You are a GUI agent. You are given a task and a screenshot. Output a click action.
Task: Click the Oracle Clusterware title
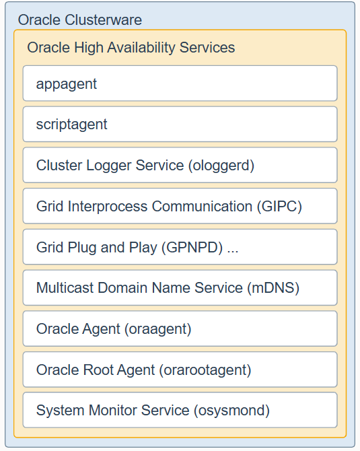(79, 20)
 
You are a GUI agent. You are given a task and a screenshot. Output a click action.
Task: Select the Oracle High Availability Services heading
(131, 48)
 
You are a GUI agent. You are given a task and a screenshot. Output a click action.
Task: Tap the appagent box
(180, 83)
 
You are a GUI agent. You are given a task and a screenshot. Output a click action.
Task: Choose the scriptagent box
(180, 125)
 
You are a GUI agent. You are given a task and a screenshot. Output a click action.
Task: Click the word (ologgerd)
(221, 166)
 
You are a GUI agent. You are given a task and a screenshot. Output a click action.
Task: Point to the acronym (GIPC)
(279, 207)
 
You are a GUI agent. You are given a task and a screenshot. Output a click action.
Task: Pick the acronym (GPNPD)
(192, 247)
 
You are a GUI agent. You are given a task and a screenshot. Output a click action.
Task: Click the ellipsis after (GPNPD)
(233, 251)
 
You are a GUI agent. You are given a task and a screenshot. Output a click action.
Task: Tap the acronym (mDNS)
(273, 288)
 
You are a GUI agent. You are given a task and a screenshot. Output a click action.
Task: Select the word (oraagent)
(158, 329)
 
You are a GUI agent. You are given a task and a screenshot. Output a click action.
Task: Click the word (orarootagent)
(205, 370)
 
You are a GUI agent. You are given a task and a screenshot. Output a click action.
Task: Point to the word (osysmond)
(231, 411)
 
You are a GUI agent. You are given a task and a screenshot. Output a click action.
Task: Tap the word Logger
(108, 166)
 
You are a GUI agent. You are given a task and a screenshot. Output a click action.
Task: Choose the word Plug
(82, 248)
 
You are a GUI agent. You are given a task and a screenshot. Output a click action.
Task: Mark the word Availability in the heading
(141, 48)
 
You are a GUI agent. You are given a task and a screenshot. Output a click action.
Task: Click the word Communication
(202, 207)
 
